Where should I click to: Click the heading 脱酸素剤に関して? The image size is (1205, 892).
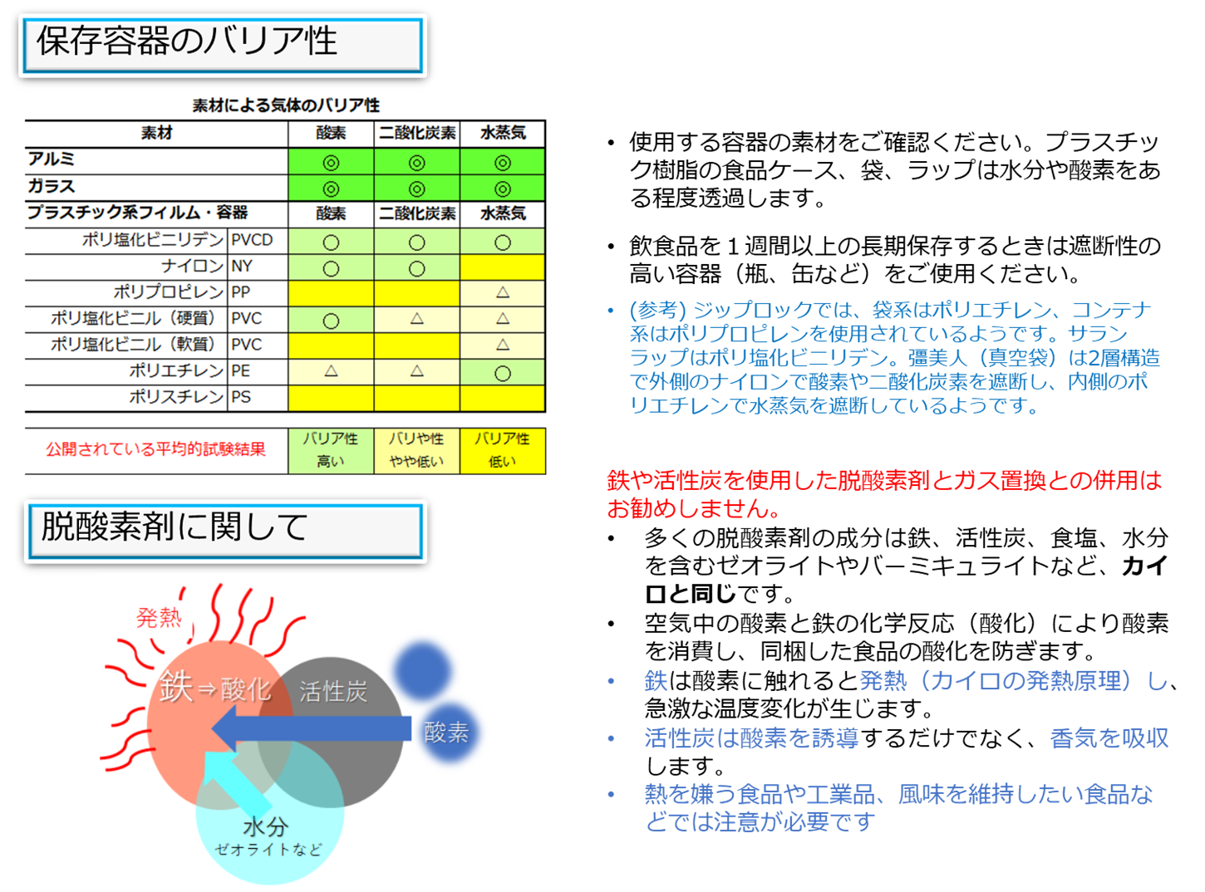click(x=175, y=527)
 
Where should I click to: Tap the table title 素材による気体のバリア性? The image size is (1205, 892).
click(x=286, y=105)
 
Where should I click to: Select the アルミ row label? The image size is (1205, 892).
click(x=51, y=159)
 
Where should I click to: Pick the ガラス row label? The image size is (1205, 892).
click(x=51, y=186)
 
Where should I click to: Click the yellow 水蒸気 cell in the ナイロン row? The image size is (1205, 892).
click(x=503, y=267)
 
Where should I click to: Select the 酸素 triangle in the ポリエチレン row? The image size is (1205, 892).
click(x=331, y=370)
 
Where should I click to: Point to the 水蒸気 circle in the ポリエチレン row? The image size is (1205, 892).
click(x=503, y=373)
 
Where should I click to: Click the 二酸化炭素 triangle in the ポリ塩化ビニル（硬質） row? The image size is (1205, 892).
click(x=416, y=318)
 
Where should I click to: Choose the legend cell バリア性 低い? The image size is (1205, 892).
click(x=503, y=450)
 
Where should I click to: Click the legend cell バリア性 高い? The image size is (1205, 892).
click(x=331, y=450)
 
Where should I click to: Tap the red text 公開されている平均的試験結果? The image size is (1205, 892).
click(x=156, y=449)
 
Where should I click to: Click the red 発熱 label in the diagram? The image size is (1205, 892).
click(x=159, y=617)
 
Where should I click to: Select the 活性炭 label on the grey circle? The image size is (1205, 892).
click(x=333, y=691)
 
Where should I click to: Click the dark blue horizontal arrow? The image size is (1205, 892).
click(x=312, y=728)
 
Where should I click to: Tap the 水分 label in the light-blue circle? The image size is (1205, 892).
click(x=265, y=827)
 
